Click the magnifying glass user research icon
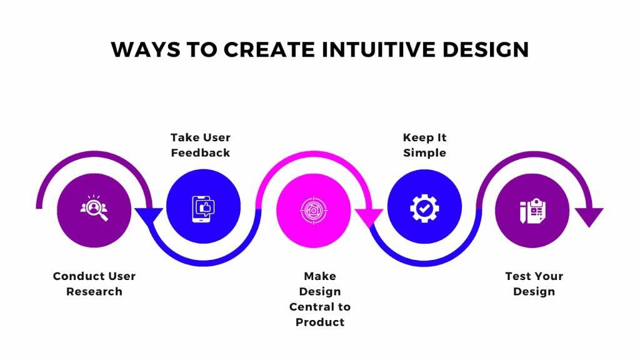point(94,208)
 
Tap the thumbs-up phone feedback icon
point(204,208)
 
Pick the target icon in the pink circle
point(313,208)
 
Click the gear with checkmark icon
point(424,208)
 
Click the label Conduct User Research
point(94,284)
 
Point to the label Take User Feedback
point(201,145)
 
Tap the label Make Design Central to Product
point(320,299)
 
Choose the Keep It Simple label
point(425,145)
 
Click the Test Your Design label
point(534,284)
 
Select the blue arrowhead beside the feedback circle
point(149,216)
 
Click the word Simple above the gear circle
point(425,153)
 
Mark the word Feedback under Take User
point(201,153)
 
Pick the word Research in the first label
point(94,292)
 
